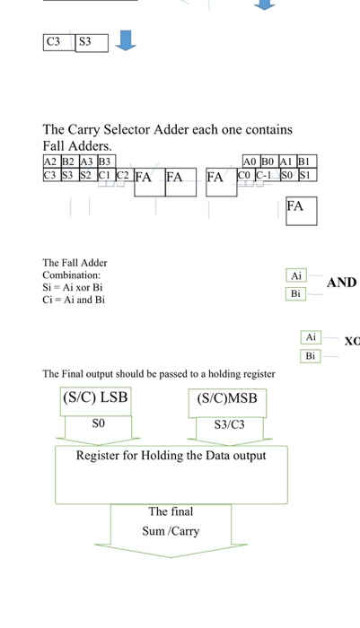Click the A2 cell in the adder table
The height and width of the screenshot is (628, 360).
[x=50, y=161]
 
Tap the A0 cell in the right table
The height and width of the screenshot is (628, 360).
[x=251, y=161]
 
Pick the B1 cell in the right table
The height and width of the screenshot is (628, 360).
[x=305, y=161]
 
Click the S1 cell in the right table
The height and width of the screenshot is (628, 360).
[x=306, y=176]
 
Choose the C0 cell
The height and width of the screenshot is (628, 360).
[x=244, y=176]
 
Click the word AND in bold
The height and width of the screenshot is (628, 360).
[x=341, y=283]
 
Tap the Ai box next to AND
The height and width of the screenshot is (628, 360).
[x=296, y=275]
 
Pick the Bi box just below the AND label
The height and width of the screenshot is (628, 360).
[x=296, y=293]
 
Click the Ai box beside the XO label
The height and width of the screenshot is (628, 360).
[x=311, y=337]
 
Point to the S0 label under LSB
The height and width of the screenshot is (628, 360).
[x=98, y=423]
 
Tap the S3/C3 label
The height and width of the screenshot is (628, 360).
[x=229, y=424]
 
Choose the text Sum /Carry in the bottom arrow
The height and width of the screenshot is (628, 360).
[x=171, y=531]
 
